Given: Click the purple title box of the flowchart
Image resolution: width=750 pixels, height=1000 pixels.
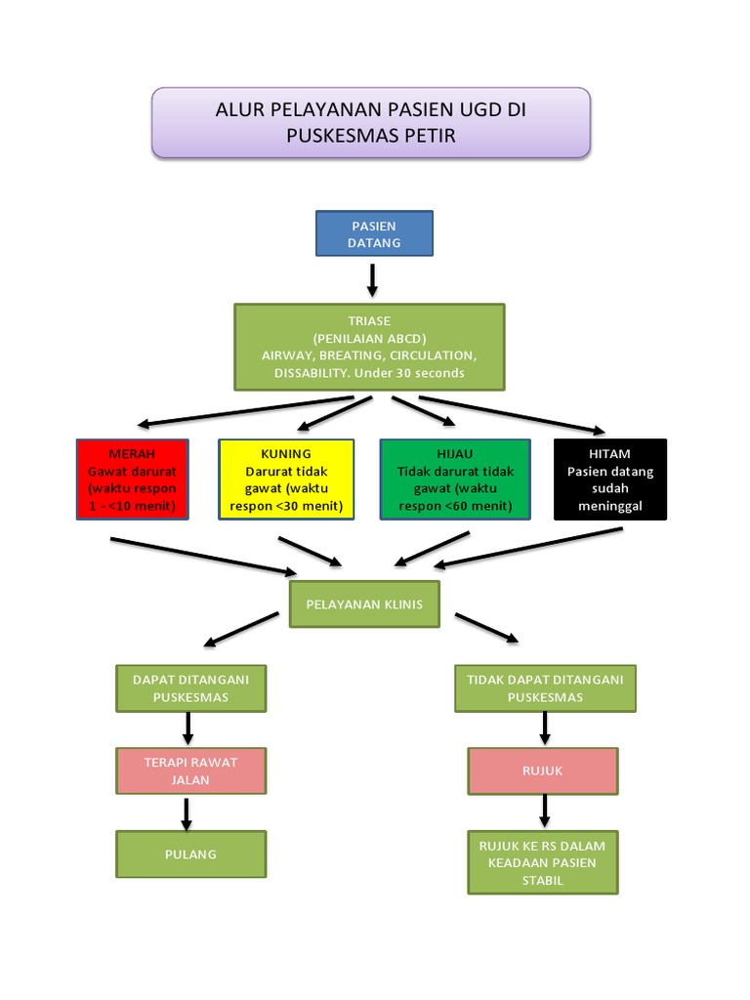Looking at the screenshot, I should (x=371, y=122).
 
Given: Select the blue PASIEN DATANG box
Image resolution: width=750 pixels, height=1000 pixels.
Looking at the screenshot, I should (x=374, y=234).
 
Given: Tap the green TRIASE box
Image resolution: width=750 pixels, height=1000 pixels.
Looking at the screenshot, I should (x=369, y=347).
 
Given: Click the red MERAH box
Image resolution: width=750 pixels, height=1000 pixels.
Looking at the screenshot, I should (x=132, y=479).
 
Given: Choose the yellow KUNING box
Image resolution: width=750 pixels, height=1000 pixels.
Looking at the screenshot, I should (x=286, y=479).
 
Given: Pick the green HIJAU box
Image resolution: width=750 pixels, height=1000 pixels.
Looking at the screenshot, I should (x=455, y=479).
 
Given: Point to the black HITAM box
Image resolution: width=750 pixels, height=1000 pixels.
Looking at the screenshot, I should (x=609, y=479).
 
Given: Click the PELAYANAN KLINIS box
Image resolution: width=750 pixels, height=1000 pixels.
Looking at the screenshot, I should (x=364, y=604).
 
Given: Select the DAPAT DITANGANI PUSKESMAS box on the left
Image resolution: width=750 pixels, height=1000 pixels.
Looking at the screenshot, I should (x=190, y=687).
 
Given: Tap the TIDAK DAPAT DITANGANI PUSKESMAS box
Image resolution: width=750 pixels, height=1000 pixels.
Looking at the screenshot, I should (x=545, y=687).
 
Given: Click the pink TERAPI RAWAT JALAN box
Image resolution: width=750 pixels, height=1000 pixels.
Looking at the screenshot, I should (x=190, y=771).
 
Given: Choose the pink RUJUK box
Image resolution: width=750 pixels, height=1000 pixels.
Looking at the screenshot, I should (x=542, y=771).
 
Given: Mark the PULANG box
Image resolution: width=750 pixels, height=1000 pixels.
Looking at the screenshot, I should (x=190, y=854).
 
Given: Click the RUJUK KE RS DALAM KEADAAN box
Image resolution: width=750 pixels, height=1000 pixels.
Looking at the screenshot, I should (x=542, y=862).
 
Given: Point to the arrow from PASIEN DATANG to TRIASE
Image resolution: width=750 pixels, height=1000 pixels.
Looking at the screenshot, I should (x=372, y=280).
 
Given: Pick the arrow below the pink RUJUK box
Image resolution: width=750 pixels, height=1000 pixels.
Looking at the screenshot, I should (x=544, y=811).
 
